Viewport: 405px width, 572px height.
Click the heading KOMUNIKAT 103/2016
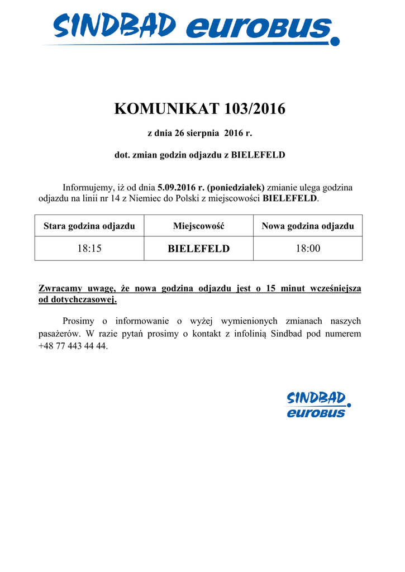point(199,109)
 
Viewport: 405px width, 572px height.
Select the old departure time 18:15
point(89,249)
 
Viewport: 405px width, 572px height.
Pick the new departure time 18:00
point(308,249)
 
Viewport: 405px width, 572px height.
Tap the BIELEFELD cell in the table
point(198,249)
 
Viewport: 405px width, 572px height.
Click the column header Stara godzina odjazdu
point(89,226)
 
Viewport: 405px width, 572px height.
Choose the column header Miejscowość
point(198,226)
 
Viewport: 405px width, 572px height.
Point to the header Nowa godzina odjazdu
point(308,226)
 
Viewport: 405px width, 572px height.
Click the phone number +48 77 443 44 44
point(73,346)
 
